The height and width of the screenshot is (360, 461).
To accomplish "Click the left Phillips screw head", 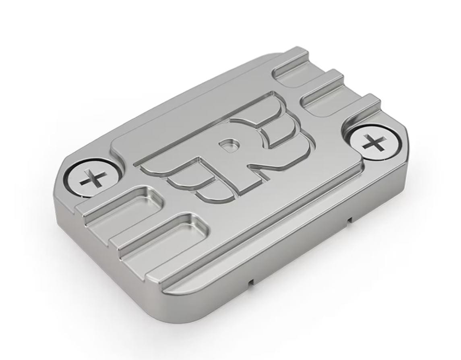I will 93,179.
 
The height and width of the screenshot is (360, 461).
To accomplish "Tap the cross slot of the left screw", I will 93,178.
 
